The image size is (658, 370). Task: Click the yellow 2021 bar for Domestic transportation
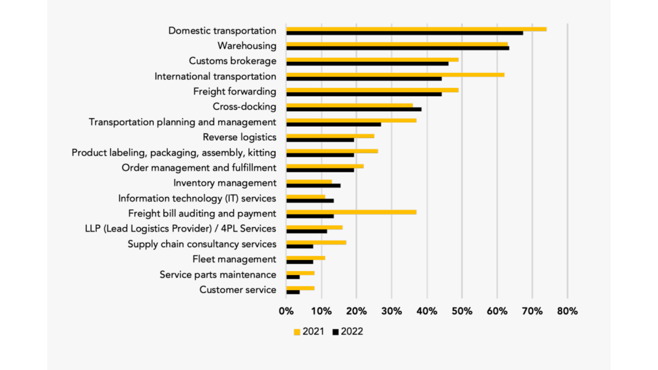coord(416,29)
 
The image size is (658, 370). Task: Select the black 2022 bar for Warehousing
coord(398,48)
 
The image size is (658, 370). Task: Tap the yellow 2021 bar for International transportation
coord(395,75)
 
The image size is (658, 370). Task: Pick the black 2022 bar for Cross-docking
coord(354,109)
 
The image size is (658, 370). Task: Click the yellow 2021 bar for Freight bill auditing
coord(351,212)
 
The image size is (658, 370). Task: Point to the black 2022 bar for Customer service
coord(293,292)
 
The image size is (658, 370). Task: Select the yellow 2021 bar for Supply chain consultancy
coord(316,243)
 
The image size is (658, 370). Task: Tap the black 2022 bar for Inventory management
coord(313,186)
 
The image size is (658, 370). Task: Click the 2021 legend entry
coord(309,332)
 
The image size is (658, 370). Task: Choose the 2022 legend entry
coord(348,332)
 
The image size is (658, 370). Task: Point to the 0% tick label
coord(286,311)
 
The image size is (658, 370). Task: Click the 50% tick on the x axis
coord(462,311)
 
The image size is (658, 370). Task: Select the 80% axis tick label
coord(568,311)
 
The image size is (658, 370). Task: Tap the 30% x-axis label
coord(392,311)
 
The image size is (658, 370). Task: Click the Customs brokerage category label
coord(232,61)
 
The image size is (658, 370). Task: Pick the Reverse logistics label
coord(239,137)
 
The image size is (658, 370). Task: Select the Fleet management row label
coord(234,259)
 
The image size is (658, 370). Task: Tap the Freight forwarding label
coord(234,91)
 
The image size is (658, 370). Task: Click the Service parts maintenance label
coord(218,274)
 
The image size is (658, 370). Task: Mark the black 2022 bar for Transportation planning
coord(333,124)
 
